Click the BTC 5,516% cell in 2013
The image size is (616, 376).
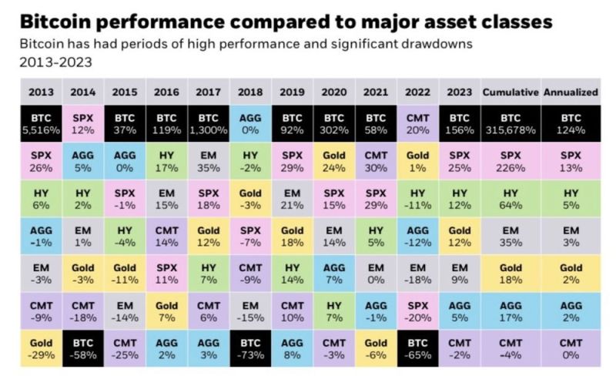click(41, 120)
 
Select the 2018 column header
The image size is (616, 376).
click(249, 92)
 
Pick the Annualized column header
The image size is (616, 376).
click(571, 92)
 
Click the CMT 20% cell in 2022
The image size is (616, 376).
click(417, 120)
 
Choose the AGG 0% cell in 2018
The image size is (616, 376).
click(249, 120)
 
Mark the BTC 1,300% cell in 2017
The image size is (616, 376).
click(208, 120)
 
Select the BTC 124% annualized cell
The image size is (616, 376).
click(571, 120)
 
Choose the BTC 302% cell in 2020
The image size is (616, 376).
click(333, 120)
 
